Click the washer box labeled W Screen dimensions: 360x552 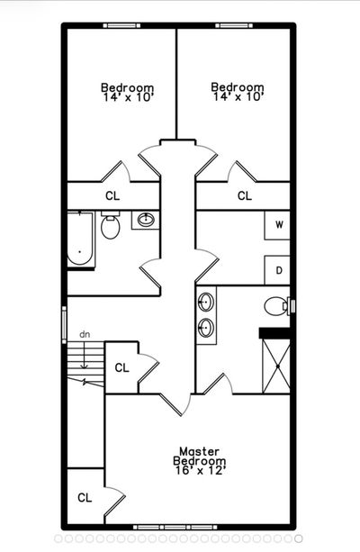(277, 225)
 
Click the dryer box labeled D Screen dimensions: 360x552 (277, 270)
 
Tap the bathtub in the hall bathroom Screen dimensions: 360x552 (81, 240)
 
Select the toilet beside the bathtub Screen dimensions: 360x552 (111, 225)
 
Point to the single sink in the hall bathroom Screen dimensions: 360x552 (146, 220)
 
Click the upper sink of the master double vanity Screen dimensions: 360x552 (206, 302)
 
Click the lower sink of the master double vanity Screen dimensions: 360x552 (206, 328)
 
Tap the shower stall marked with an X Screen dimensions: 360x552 (276, 366)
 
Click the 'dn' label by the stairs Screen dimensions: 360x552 (85, 334)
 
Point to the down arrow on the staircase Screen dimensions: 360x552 (84, 355)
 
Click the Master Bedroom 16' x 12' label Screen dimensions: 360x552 (200, 461)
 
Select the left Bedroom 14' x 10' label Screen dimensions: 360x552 (128, 92)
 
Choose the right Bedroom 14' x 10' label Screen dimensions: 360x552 (238, 92)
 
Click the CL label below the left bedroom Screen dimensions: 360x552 (112, 195)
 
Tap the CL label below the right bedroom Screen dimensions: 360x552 (245, 195)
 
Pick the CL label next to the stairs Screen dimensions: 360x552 (122, 368)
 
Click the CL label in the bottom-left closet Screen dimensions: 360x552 (85, 498)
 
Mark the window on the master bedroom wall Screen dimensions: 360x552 (175, 527)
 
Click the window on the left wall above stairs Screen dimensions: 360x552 (64, 324)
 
